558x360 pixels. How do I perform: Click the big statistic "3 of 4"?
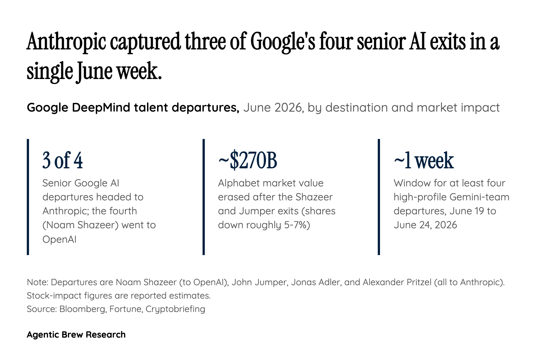(62, 160)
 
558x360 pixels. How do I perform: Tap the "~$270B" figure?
(247, 160)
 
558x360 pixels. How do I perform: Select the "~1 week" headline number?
(424, 160)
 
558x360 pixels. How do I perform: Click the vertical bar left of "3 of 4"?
(28, 197)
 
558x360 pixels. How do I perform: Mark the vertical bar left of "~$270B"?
(204, 197)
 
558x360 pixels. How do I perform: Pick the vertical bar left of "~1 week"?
(379, 197)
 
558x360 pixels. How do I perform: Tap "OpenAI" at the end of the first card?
(59, 239)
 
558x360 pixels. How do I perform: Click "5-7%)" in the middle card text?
(297, 225)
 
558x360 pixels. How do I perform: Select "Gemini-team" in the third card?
(480, 197)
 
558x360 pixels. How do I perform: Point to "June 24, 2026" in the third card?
(425, 225)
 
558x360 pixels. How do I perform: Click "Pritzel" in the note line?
(419, 282)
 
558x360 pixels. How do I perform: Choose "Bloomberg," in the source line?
(83, 309)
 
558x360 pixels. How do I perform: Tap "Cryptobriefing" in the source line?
(175, 309)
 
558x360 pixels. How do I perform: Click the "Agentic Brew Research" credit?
(76, 335)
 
